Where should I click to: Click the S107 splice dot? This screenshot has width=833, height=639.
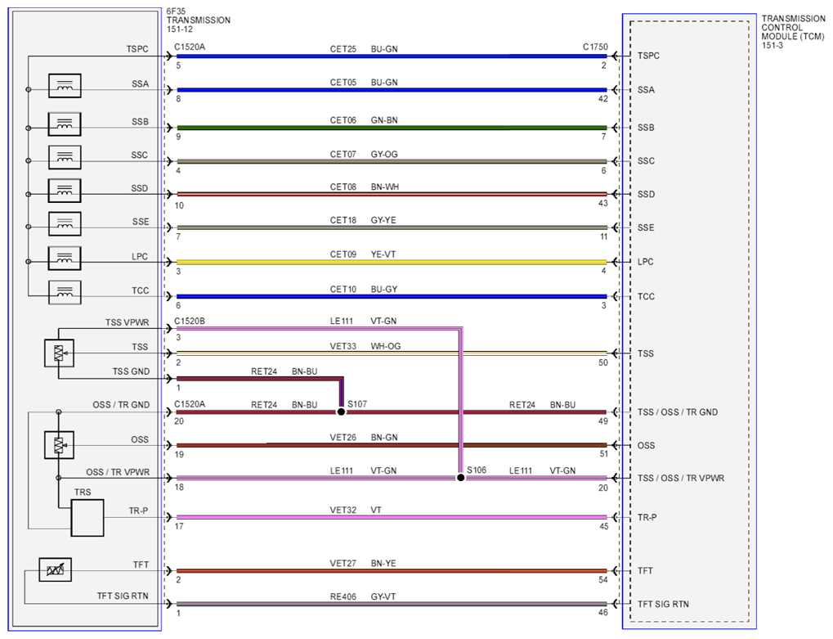[x=341, y=412]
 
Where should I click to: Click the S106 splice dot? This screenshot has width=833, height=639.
[x=460, y=478]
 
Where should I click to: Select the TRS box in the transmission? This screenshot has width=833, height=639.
[x=87, y=518]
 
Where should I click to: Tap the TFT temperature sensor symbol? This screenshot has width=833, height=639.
[x=56, y=570]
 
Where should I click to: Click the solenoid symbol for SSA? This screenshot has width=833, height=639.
[x=65, y=86]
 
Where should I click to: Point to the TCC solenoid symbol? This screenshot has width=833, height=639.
[x=65, y=292]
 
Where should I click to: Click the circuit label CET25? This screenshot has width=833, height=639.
[x=343, y=49]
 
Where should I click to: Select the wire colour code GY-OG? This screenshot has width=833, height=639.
[x=384, y=154]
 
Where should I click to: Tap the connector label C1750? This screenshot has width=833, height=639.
[x=595, y=47]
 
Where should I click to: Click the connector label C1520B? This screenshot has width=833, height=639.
[x=190, y=321]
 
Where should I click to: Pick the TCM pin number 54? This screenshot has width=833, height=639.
[x=603, y=580]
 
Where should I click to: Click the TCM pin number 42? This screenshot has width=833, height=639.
[x=603, y=99]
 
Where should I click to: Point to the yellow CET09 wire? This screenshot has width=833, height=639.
[x=392, y=262]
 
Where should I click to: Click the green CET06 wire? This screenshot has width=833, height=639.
[x=392, y=128]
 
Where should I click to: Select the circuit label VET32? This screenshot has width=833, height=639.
[x=343, y=511]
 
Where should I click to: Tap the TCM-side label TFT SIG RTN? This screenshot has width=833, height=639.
[x=663, y=605]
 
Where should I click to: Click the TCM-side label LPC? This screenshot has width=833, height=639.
[x=646, y=262]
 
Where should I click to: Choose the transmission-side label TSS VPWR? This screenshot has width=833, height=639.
[x=127, y=322]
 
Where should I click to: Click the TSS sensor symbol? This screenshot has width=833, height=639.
[x=59, y=353]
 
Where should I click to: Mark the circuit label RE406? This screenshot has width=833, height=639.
[x=343, y=597]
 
